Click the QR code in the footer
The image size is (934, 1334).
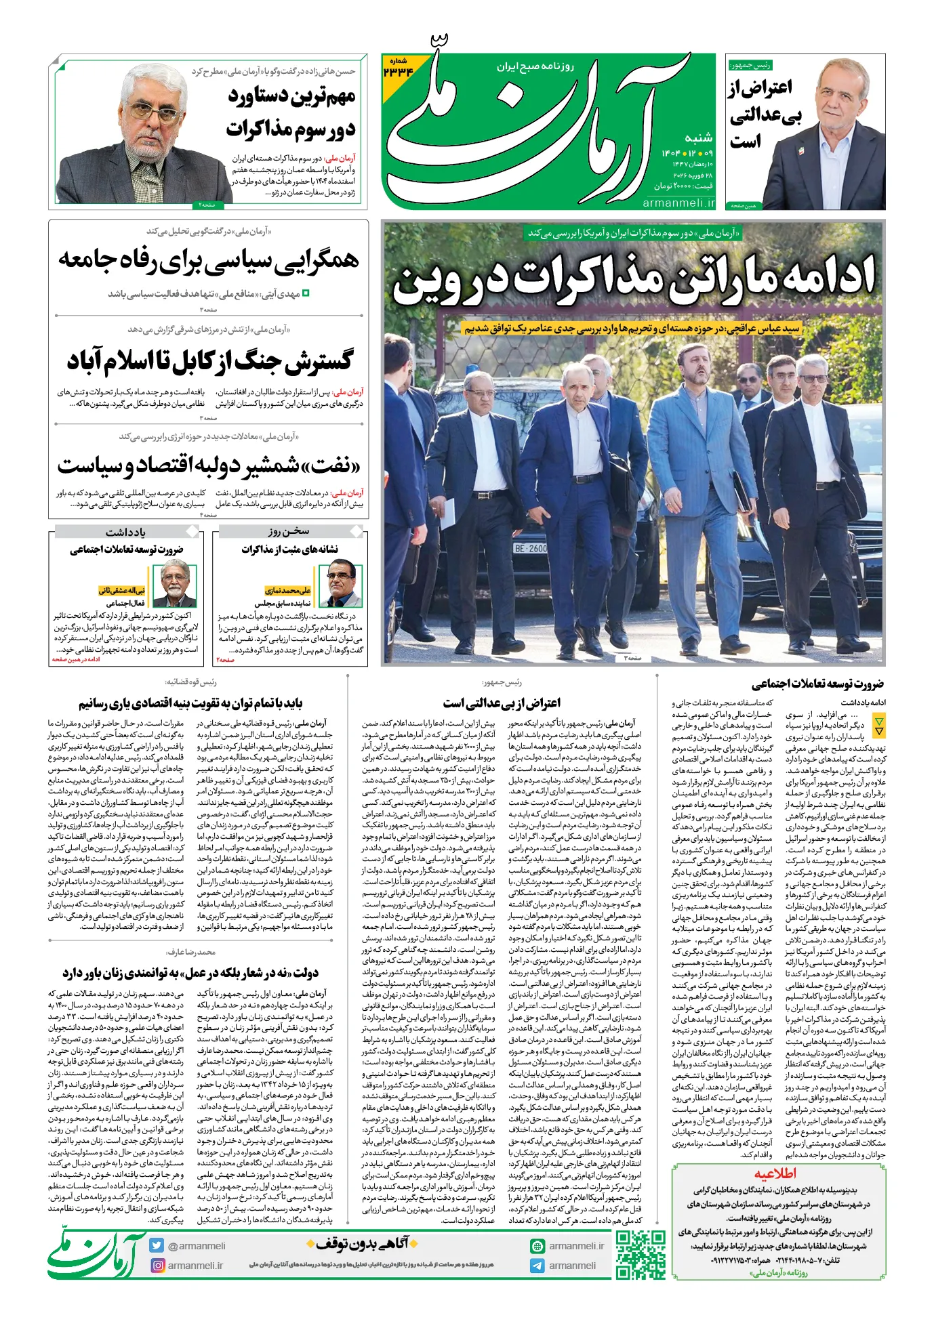pyautogui.click(x=641, y=1254)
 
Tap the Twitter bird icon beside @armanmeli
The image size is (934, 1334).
pyautogui.click(x=157, y=1245)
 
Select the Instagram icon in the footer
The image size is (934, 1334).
pyautogui.click(x=157, y=1265)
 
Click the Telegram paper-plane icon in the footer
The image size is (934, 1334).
pyautogui.click(x=537, y=1265)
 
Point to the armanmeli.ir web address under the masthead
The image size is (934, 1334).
pyautogui.click(x=678, y=203)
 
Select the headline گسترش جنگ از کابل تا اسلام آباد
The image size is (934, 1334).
pyautogui.click(x=209, y=360)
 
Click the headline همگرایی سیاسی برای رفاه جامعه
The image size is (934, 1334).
pyautogui.click(x=209, y=259)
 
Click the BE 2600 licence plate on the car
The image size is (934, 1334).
pyautogui.click(x=530, y=547)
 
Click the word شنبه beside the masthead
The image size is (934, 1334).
pyautogui.click(x=698, y=138)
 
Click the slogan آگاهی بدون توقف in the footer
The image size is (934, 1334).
pyautogui.click(x=362, y=1243)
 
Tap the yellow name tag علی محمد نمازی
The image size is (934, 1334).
pyautogui.click(x=287, y=590)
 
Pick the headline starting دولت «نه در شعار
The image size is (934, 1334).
pyautogui.click(x=190, y=973)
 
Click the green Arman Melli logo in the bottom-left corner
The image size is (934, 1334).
pyautogui.click(x=96, y=1255)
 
